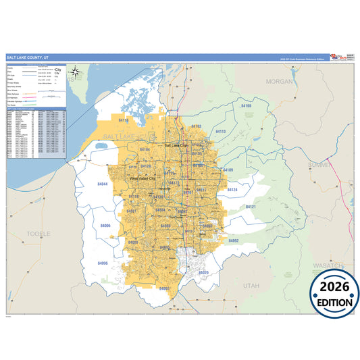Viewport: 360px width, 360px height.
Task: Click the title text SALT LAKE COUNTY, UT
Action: point(27,58)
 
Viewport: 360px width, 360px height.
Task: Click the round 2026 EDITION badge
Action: point(334,293)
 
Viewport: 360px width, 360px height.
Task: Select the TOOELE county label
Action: point(36,233)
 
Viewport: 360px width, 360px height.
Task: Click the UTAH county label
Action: point(251,286)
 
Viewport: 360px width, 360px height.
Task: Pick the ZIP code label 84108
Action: point(246,106)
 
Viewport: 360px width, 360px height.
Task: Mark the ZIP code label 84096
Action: point(102,262)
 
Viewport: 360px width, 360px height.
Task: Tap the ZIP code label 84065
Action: point(164,288)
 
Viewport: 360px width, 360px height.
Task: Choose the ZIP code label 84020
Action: point(203,273)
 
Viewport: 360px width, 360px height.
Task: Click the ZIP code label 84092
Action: point(234,240)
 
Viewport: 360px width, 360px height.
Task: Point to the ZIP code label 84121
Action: point(251,207)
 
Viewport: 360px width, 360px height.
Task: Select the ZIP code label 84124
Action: point(232,190)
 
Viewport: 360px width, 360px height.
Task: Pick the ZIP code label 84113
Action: point(220,132)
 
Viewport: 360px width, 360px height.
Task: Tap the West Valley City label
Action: point(143,178)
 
